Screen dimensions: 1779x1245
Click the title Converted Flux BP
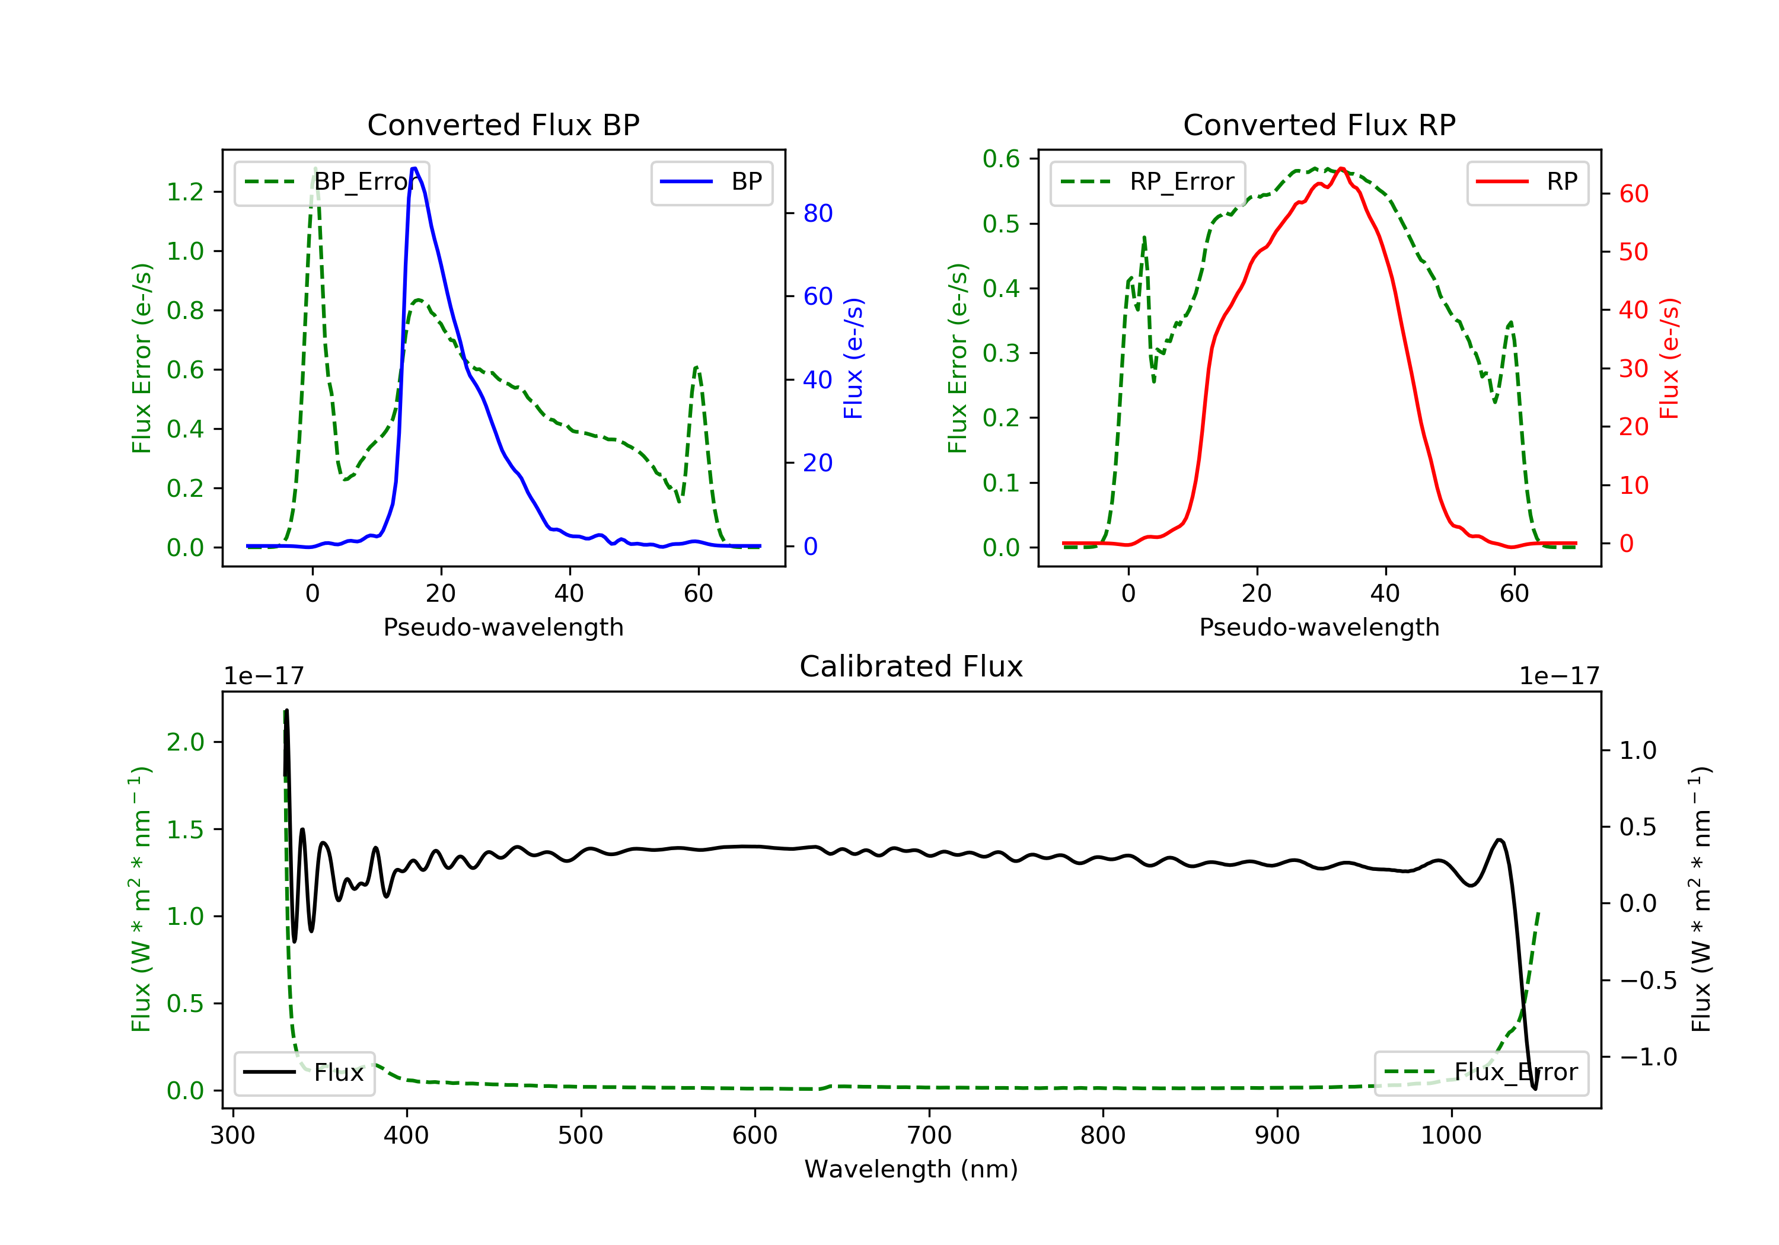point(503,124)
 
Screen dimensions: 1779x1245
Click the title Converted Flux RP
point(1319,124)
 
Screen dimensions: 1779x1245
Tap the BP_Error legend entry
point(331,182)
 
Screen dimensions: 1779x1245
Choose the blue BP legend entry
point(711,182)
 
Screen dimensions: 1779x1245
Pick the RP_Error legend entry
point(1147,182)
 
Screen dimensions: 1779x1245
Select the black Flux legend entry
point(304,1072)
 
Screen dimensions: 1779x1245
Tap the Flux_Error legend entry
point(1481,1072)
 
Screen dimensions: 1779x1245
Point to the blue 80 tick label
point(817,213)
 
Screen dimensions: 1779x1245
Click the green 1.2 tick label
point(185,192)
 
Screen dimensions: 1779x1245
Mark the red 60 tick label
point(1634,194)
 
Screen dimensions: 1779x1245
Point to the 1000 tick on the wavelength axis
point(1450,1136)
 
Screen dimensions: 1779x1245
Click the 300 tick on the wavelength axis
point(232,1136)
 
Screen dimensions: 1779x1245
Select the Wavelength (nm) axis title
point(911,1169)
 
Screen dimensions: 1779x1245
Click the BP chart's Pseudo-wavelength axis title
point(503,627)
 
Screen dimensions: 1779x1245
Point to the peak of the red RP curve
point(1341,168)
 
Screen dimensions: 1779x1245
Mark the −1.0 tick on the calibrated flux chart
point(1648,1058)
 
